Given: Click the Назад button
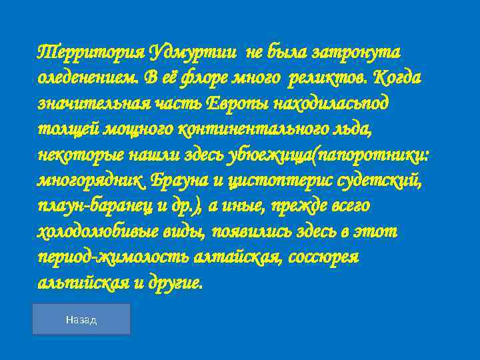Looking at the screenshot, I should point(81,319).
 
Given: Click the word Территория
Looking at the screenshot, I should point(90,51).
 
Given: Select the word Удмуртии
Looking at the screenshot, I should point(193,51).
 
